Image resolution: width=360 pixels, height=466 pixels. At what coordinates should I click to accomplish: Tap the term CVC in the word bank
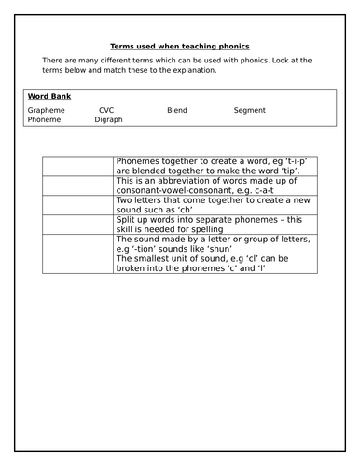tap(106, 110)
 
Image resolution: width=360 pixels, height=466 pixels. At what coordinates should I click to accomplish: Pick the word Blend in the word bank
tap(176, 110)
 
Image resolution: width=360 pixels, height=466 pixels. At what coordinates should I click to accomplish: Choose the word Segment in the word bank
tap(249, 110)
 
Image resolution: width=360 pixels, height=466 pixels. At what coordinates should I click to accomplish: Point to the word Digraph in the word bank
tap(108, 120)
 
